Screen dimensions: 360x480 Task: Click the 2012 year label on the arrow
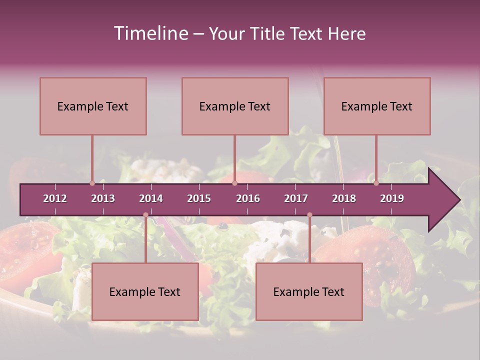[x=55, y=198]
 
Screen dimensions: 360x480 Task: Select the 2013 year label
[x=103, y=198]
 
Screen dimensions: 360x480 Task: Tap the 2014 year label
[x=151, y=198]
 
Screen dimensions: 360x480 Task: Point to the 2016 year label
[x=248, y=198]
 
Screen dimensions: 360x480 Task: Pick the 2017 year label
[x=296, y=198]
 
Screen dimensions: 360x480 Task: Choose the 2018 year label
[x=344, y=198]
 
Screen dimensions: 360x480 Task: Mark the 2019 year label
[x=392, y=198]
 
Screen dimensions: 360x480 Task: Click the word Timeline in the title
[x=149, y=33]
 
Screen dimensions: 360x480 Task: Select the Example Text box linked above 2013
[x=93, y=106]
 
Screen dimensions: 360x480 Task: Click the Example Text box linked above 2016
[x=235, y=106]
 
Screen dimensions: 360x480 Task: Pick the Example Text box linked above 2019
[x=377, y=106]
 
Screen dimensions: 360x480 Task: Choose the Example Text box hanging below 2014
[x=145, y=291]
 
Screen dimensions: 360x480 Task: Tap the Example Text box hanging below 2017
[x=309, y=291]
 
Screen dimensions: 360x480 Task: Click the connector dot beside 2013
[x=92, y=183]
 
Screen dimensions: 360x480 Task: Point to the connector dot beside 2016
[x=234, y=183]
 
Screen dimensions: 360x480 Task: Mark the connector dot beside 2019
[x=376, y=183]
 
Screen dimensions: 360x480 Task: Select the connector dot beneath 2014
[x=145, y=215]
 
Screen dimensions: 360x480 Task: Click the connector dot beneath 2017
[x=309, y=215]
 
